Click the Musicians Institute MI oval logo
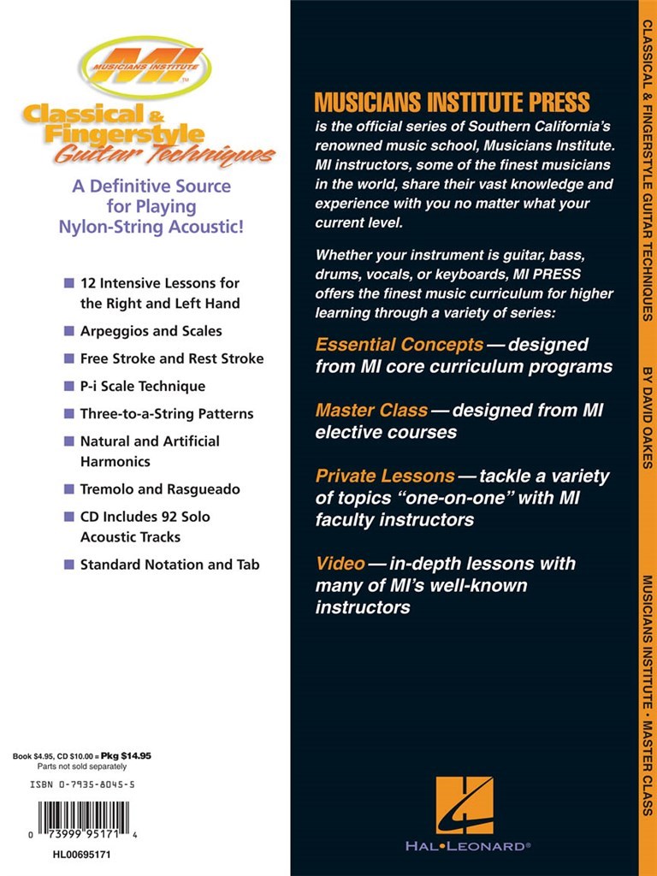[146, 67]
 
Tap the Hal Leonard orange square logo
[465, 805]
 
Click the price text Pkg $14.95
[126, 756]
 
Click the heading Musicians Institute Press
[452, 104]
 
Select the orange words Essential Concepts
[400, 345]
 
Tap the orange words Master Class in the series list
[371, 411]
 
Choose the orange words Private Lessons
[385, 476]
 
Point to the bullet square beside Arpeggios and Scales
[68, 331]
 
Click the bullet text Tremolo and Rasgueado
[160, 489]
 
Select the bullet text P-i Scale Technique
[143, 386]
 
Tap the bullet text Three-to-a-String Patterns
[167, 414]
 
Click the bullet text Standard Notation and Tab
[169, 565]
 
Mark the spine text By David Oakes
[648, 417]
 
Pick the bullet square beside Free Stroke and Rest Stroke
[68, 358]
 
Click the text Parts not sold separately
[82, 766]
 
